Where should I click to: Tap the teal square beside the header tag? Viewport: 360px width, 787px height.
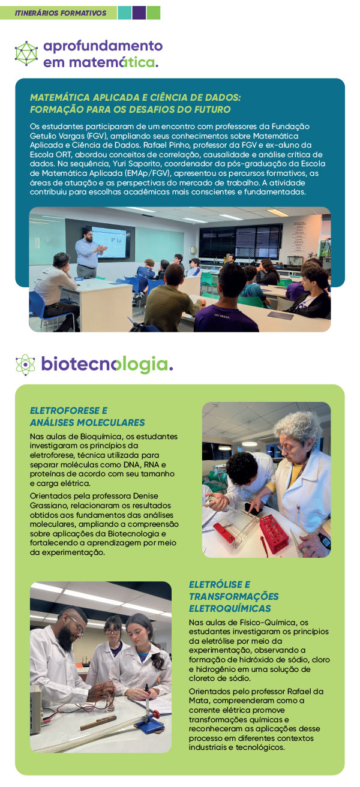tap(124, 13)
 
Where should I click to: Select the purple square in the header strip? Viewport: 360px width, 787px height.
tap(139, 13)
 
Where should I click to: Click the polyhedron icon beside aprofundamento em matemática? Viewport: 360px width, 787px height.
tap(26, 53)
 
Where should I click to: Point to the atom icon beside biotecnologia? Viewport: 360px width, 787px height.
tap(25, 364)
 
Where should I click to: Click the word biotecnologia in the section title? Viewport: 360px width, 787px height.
tap(107, 364)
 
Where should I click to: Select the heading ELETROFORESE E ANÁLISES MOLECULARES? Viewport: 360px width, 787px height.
tap(87, 416)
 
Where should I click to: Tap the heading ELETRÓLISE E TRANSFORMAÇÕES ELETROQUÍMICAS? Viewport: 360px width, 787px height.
tap(234, 596)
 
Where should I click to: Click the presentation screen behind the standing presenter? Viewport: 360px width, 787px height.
tap(109, 242)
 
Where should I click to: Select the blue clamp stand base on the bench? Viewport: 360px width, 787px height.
tap(150, 724)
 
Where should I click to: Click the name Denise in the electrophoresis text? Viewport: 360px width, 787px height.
tap(145, 496)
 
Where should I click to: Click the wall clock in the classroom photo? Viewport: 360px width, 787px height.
tap(193, 250)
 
